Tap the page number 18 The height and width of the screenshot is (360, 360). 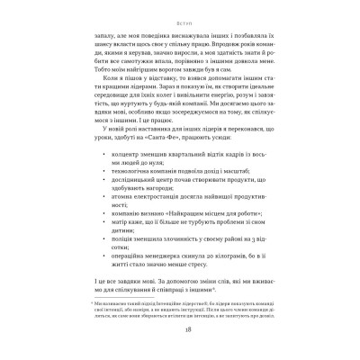(x=180, y=330)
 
